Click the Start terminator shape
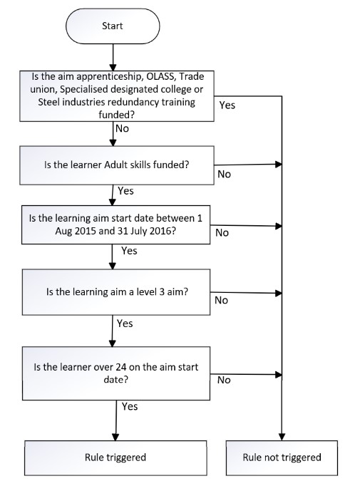click(x=113, y=26)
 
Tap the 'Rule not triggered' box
click(x=282, y=457)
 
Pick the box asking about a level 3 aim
click(x=114, y=293)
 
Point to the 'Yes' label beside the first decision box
click(x=227, y=105)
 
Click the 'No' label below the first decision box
click(x=122, y=128)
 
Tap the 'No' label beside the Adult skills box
click(x=224, y=173)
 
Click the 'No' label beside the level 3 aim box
click(x=222, y=300)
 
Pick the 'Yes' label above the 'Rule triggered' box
click(x=130, y=406)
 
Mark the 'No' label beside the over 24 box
click(x=224, y=380)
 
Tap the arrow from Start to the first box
click(x=113, y=55)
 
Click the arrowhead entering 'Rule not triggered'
click(x=282, y=437)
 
